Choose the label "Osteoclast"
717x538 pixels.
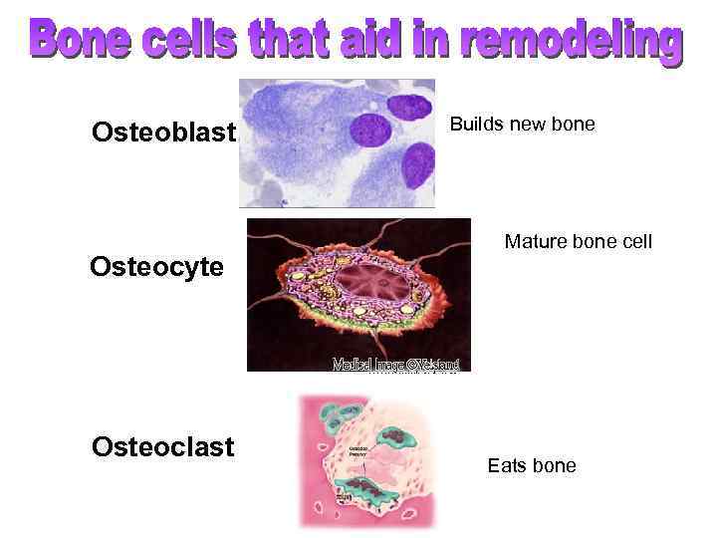pyautogui.click(x=162, y=445)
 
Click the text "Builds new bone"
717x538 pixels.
pyautogui.click(x=522, y=125)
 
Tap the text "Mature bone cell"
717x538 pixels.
pyautogui.click(x=579, y=241)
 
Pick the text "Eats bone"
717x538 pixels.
pyautogui.click(x=531, y=465)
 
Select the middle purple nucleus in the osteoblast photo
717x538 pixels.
pyautogui.click(x=369, y=131)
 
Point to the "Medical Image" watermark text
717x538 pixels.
pyautogui.click(x=395, y=365)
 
